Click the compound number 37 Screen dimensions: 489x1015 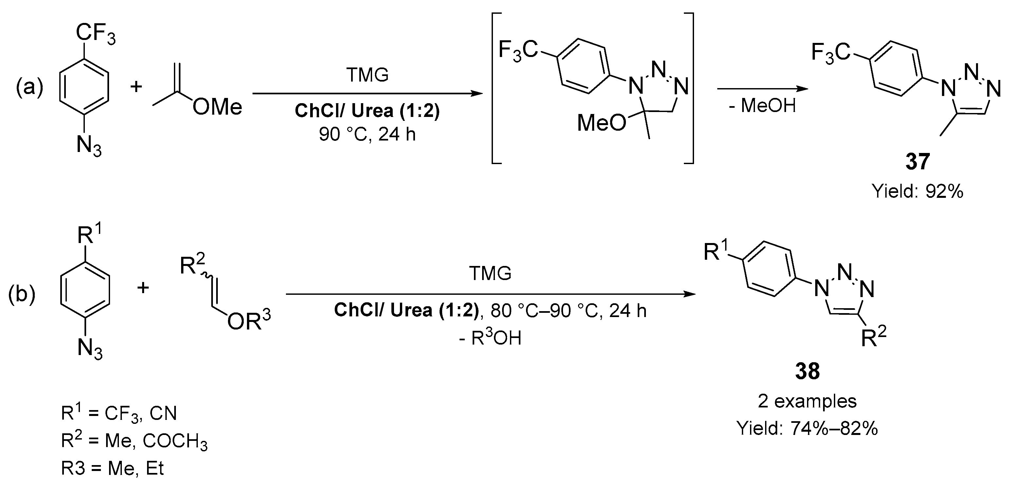click(x=918, y=162)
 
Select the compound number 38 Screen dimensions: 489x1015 click(x=807, y=371)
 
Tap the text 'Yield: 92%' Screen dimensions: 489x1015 click(x=918, y=192)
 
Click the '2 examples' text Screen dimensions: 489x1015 click(x=807, y=402)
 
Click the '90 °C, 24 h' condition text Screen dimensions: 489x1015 click(x=367, y=135)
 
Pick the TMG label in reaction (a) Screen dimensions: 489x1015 click(x=367, y=75)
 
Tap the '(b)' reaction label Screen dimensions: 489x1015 click(x=22, y=295)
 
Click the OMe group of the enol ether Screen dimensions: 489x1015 click(x=217, y=107)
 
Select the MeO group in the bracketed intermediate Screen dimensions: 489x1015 click(x=601, y=123)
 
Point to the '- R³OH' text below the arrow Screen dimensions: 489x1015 click(x=490, y=338)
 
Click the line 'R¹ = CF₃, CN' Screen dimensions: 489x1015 click(x=119, y=413)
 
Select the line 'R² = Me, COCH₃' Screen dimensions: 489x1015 click(x=134, y=441)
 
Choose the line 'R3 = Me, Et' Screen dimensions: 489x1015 click(x=112, y=468)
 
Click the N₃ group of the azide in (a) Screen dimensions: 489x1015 click(x=89, y=146)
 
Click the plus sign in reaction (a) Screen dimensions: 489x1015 click(x=136, y=86)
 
